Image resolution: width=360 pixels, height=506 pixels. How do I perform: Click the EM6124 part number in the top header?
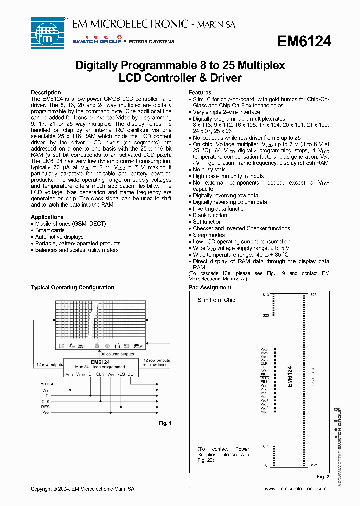[304, 42]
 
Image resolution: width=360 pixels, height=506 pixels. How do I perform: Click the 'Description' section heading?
[46, 93]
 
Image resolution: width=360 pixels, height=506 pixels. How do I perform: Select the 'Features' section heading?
[200, 93]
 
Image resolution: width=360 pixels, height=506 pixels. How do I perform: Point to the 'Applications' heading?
[47, 217]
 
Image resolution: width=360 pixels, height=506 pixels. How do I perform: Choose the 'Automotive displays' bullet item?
[59, 237]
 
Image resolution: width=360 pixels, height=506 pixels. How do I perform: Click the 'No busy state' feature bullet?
[209, 170]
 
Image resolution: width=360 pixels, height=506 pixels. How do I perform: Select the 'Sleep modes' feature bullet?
[209, 235]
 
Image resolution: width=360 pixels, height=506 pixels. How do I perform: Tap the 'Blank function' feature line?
[210, 215]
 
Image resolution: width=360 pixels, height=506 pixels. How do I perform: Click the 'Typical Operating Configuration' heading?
[72, 287]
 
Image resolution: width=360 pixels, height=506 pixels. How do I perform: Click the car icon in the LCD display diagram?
[138, 346]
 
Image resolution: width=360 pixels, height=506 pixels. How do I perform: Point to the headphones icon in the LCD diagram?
[118, 346]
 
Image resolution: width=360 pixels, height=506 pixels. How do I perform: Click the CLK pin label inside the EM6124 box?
[100, 374]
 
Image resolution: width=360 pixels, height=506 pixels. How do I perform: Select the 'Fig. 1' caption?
[165, 423]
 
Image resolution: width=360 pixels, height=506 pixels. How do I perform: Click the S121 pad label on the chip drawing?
[313, 465]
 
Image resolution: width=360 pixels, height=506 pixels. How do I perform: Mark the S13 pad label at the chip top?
[265, 295]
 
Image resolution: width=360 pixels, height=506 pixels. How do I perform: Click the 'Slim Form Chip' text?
[216, 300]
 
